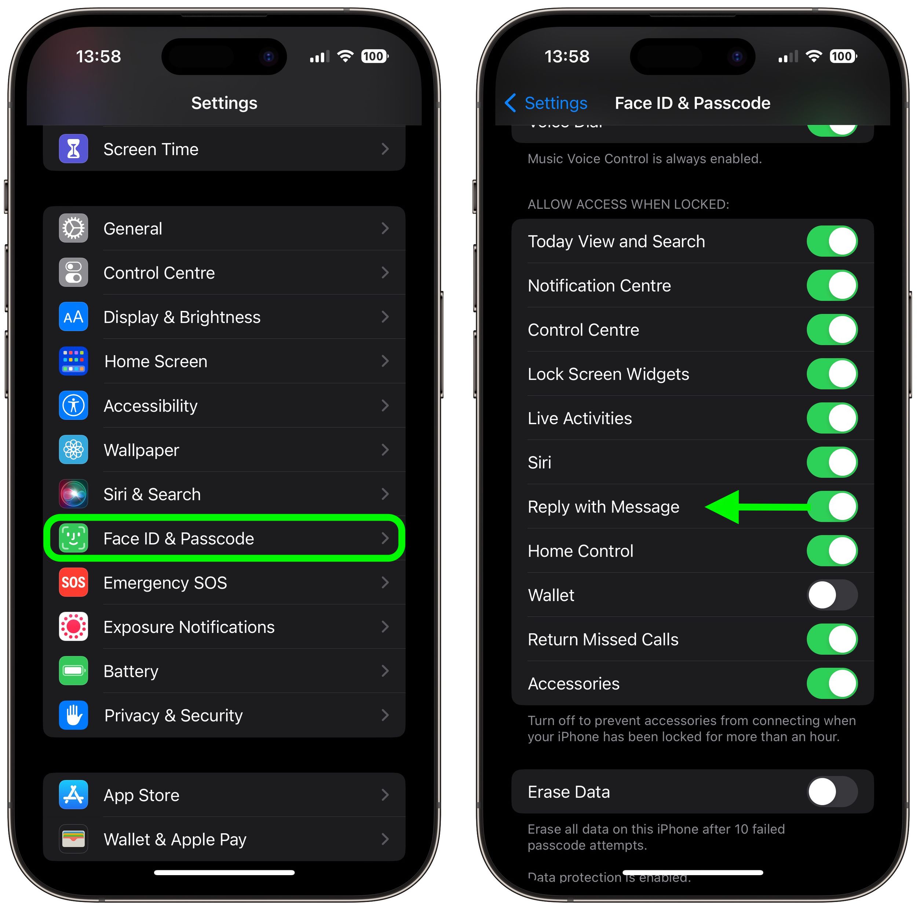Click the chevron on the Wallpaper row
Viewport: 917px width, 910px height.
(385, 449)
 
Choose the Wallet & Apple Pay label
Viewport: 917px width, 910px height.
(175, 839)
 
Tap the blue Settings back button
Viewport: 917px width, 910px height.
(546, 103)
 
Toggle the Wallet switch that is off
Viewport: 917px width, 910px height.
(832, 595)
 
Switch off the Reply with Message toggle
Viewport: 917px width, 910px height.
(832, 506)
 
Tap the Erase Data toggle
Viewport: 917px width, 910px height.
(832, 792)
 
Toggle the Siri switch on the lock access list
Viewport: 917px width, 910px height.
(832, 462)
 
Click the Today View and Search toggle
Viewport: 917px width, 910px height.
(832, 241)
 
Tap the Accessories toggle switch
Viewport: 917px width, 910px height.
(832, 684)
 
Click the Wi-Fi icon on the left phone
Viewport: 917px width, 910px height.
(345, 57)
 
